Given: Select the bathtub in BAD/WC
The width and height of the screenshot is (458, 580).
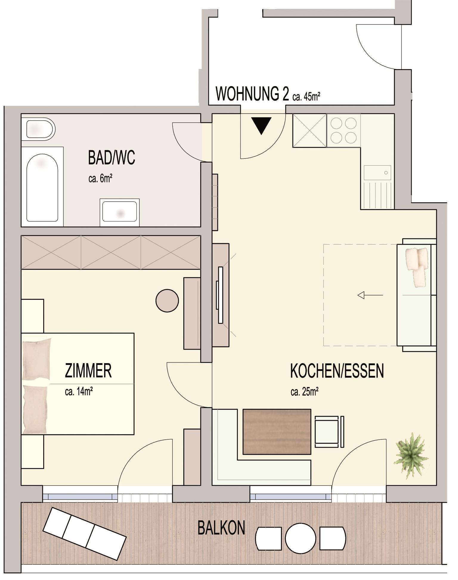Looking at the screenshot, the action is tap(42, 187).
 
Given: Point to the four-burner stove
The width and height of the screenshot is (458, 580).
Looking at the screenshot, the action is tap(343, 130).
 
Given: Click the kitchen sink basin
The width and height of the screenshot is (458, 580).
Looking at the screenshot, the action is tap(377, 173).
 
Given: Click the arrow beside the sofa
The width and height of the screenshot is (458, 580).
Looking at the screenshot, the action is tap(370, 295).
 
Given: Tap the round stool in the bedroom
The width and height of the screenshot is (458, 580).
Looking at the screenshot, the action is tap(167, 301).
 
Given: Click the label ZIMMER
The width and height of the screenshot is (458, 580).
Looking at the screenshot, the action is tap(88, 371).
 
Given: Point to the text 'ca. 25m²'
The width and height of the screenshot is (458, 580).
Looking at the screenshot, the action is tap(304, 392).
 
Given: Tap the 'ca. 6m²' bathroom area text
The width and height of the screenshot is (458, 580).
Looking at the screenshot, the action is tap(100, 179).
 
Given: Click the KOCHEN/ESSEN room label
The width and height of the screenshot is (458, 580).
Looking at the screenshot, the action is tap(337, 371).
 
